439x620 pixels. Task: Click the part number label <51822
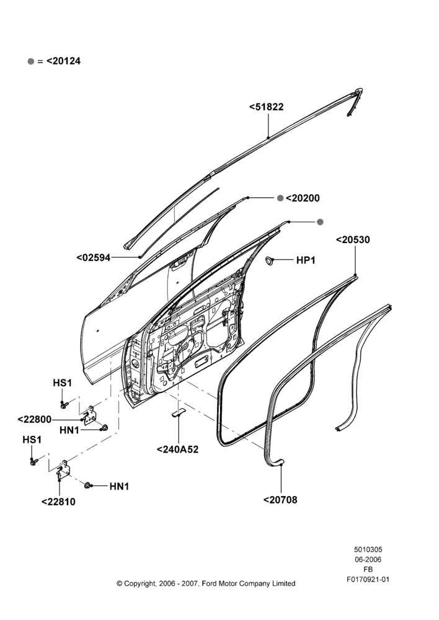(266, 107)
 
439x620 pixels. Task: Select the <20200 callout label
(303, 198)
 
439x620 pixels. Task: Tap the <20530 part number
(353, 239)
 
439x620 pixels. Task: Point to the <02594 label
(94, 258)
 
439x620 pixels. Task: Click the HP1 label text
(306, 260)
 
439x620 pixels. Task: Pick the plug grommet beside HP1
(270, 260)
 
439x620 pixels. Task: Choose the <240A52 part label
(177, 449)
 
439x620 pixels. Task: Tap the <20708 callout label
(280, 500)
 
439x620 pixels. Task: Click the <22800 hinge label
(35, 420)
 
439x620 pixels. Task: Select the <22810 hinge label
(58, 502)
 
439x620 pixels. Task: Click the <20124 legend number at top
(63, 61)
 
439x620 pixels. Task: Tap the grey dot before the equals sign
(31, 61)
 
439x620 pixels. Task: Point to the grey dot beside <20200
(280, 198)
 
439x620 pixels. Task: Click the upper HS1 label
(63, 383)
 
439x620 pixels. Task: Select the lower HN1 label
(119, 486)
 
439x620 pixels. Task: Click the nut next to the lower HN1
(88, 485)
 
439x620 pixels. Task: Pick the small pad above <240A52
(179, 412)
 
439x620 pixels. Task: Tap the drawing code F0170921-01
(368, 580)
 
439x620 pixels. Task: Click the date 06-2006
(368, 559)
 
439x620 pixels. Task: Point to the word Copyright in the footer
(140, 583)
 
